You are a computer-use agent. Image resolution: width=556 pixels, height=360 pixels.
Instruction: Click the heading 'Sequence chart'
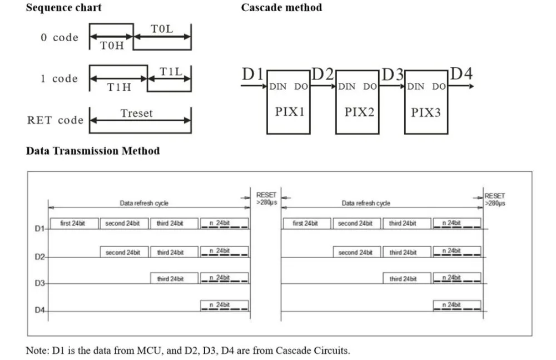point(64,7)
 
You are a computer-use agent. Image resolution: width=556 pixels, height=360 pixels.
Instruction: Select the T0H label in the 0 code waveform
point(112,46)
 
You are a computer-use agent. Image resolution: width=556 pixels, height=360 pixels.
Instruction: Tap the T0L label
point(162,29)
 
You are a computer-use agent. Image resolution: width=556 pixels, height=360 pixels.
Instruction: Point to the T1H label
point(119,87)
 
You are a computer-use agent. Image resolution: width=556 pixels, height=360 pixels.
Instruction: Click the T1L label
point(171,72)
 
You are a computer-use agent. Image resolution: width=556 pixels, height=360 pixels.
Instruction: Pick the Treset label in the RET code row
point(137,114)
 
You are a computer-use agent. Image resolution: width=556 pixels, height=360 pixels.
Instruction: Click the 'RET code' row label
point(55,120)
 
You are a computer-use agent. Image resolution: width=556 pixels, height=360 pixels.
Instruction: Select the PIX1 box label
point(290,112)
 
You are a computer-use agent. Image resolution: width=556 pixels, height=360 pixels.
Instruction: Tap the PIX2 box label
point(359,112)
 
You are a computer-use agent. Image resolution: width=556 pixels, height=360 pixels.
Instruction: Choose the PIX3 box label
point(425,112)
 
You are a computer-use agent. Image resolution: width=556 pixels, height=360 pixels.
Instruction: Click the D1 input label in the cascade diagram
point(252,74)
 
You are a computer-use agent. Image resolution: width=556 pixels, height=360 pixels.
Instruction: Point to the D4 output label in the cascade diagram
point(461,73)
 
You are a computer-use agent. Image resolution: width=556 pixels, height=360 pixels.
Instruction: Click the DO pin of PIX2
point(370,87)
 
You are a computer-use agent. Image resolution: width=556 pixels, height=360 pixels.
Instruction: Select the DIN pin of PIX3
point(415,87)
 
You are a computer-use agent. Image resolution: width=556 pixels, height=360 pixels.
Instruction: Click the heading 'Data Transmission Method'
point(93,151)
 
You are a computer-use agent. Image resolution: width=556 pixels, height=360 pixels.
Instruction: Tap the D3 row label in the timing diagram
point(39,283)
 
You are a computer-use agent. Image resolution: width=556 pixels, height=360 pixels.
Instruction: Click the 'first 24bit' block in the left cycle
point(75,223)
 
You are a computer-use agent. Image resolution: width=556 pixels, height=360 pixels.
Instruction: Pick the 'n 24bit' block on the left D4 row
point(225,305)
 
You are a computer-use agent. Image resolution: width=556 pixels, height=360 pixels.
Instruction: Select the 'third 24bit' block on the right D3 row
point(407,278)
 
